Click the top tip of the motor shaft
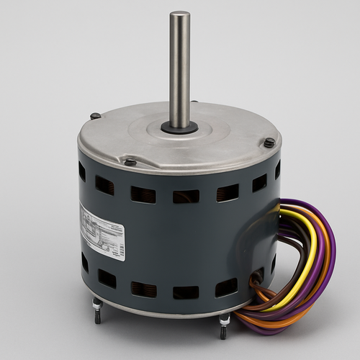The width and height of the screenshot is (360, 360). click(x=180, y=14)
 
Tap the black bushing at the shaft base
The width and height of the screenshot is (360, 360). click(x=180, y=127)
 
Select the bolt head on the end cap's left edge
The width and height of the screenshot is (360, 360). click(x=95, y=116)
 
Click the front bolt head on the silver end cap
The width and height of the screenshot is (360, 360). click(x=130, y=162)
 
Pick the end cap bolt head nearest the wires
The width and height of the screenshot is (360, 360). click(x=269, y=143)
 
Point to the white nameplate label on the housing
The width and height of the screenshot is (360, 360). click(x=102, y=231)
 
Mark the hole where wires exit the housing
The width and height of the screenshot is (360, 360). click(x=257, y=276)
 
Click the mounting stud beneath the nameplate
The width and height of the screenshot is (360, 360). click(x=96, y=310)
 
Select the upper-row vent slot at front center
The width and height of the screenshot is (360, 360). click(x=185, y=196)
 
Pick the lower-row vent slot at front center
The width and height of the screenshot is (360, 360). click(x=185, y=292)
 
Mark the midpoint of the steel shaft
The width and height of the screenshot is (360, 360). click(x=180, y=68)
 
